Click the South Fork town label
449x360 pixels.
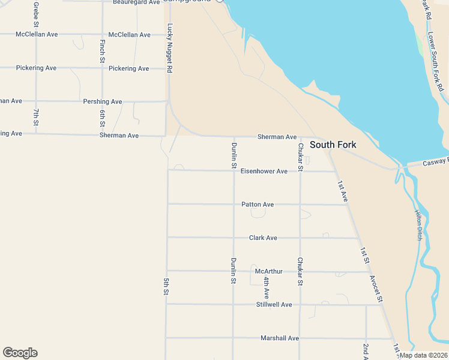pyautogui.click(x=333, y=145)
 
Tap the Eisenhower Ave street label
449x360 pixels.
pyautogui.click(x=264, y=171)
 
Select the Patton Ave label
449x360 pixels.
pyautogui.click(x=258, y=205)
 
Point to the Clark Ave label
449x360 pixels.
pyautogui.click(x=263, y=238)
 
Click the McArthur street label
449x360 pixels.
pyautogui.click(x=268, y=271)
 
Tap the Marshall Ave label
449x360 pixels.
pyautogui.click(x=280, y=338)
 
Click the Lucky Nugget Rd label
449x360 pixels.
pyautogui.click(x=170, y=48)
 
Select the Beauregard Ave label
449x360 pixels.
pyautogui.click(x=137, y=2)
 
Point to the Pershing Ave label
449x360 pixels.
pyautogui.click(x=103, y=101)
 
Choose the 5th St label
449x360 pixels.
pyautogui.click(x=166, y=286)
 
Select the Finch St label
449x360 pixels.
pyautogui.click(x=103, y=51)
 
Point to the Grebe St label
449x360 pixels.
pyautogui.click(x=36, y=14)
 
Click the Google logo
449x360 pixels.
pyautogui.click(x=20, y=353)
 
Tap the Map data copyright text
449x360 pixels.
pyautogui.click(x=423, y=355)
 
